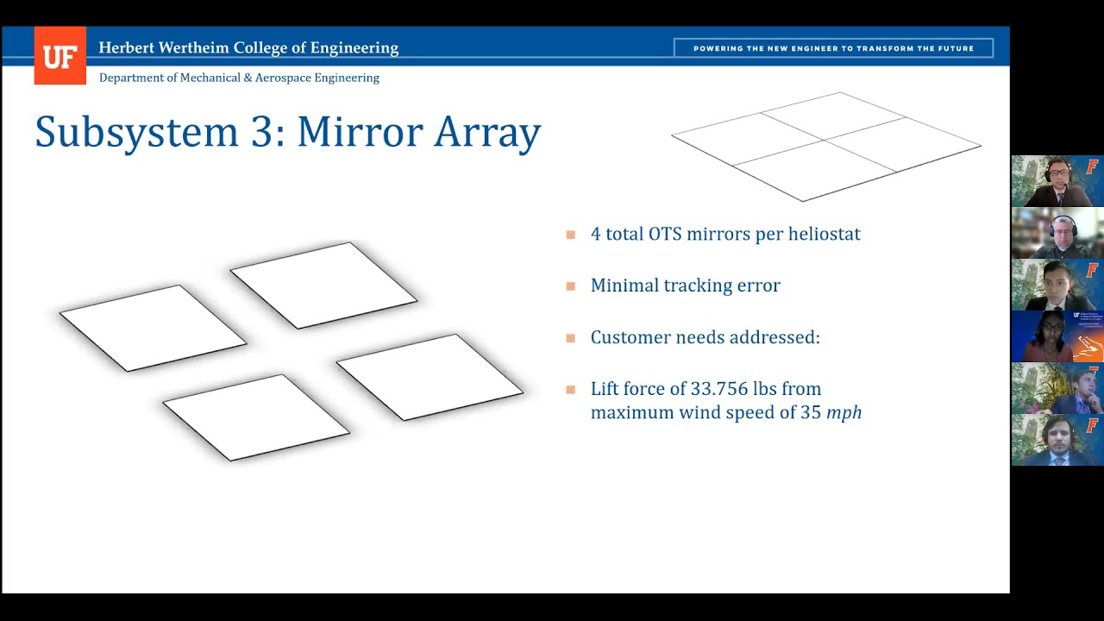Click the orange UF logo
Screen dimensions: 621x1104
[x=60, y=56]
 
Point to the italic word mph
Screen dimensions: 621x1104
[x=844, y=412]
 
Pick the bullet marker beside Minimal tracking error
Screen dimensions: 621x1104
[x=570, y=285]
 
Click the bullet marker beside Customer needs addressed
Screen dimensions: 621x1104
[x=570, y=337]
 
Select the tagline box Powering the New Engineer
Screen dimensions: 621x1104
[x=833, y=48]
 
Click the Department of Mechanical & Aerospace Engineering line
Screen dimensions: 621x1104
[x=239, y=78]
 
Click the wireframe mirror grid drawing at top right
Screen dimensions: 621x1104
[x=825, y=147]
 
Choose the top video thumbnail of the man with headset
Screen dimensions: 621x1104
[x=1057, y=181]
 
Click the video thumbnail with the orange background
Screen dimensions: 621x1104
[x=1057, y=336]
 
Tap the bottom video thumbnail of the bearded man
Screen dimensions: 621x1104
[x=1057, y=440]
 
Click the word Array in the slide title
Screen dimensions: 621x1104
[x=487, y=132]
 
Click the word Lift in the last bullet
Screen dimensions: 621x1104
[x=606, y=389]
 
